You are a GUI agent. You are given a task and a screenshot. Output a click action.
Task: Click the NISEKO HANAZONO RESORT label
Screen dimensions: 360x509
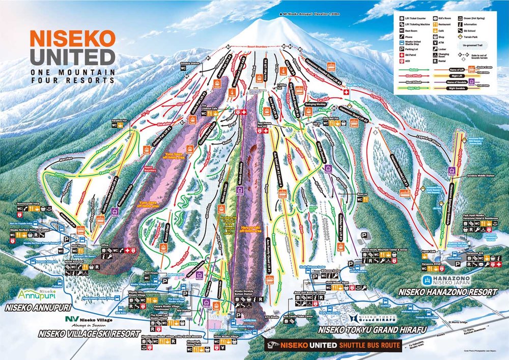[x=447, y=292]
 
